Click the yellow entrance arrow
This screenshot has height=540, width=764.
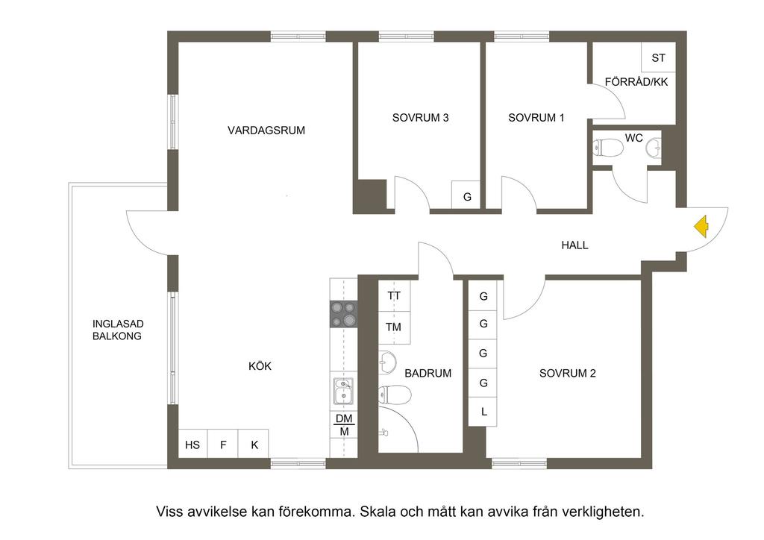[701, 226]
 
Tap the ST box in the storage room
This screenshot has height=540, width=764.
[658, 57]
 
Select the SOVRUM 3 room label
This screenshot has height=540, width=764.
[421, 118]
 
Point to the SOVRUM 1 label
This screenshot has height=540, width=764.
[536, 118]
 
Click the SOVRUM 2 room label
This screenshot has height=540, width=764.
[568, 374]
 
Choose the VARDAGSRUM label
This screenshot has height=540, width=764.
[266, 131]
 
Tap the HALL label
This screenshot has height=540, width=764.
[574, 245]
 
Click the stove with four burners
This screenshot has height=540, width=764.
[344, 313]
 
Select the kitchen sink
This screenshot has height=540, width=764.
[343, 392]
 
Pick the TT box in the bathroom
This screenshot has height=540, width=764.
[394, 296]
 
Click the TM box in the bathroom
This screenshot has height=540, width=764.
[394, 327]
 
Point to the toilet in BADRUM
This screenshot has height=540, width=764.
[395, 395]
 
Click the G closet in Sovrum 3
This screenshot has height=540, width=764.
[468, 198]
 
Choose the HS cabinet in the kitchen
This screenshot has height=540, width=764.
[192, 445]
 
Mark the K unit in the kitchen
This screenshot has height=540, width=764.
[254, 445]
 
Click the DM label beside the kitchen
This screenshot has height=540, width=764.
[344, 418]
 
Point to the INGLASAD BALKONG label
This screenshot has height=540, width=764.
[117, 330]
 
